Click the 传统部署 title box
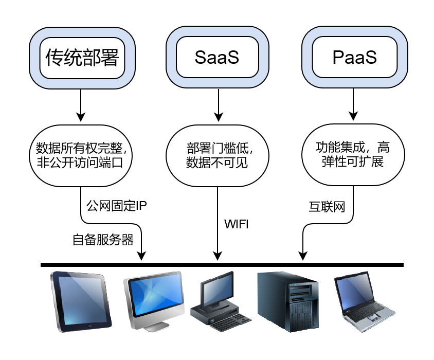(x=82, y=58)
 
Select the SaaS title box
(x=217, y=58)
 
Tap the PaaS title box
(x=354, y=58)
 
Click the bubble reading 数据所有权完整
(x=82, y=155)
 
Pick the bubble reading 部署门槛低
(x=217, y=155)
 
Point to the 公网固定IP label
(x=117, y=206)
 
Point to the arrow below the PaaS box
(x=352, y=105)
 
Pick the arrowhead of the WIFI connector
(x=218, y=256)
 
